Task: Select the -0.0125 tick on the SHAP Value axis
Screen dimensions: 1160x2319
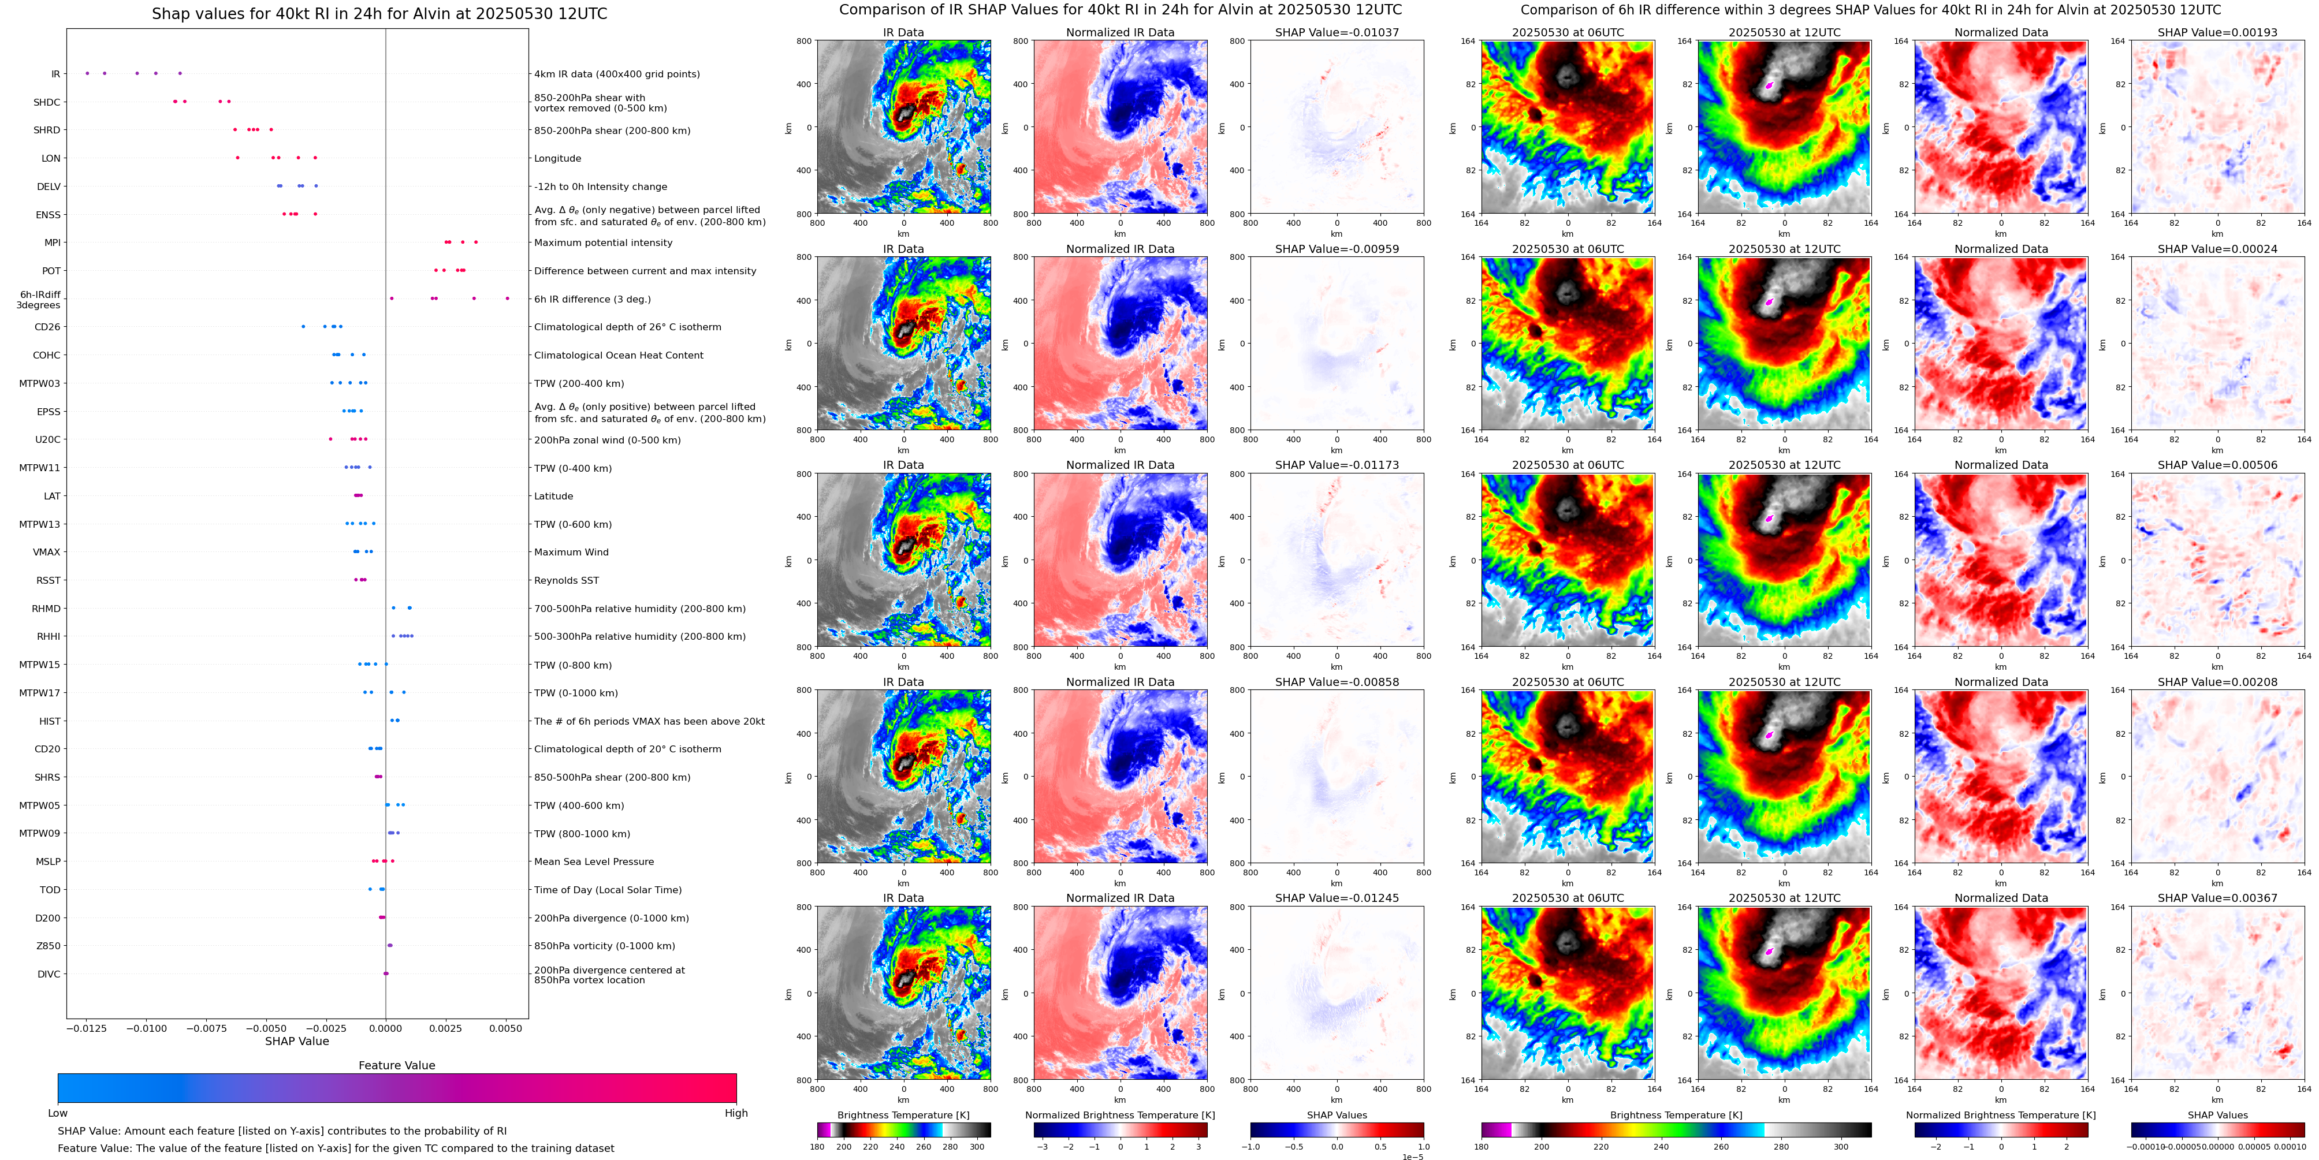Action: pos(87,1028)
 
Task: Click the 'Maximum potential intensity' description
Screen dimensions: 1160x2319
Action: pos(603,243)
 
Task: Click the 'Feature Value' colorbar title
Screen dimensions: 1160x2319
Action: pos(396,1065)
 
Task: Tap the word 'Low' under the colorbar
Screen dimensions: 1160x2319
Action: pos(58,1113)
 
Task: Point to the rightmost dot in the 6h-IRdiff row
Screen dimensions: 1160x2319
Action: pos(507,299)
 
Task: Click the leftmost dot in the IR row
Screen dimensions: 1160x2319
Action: pos(87,74)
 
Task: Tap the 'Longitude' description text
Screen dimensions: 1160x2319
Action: pos(557,158)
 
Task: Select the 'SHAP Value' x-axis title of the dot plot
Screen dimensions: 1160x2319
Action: pos(296,1041)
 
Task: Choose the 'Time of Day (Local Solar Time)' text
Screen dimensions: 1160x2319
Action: pos(608,890)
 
